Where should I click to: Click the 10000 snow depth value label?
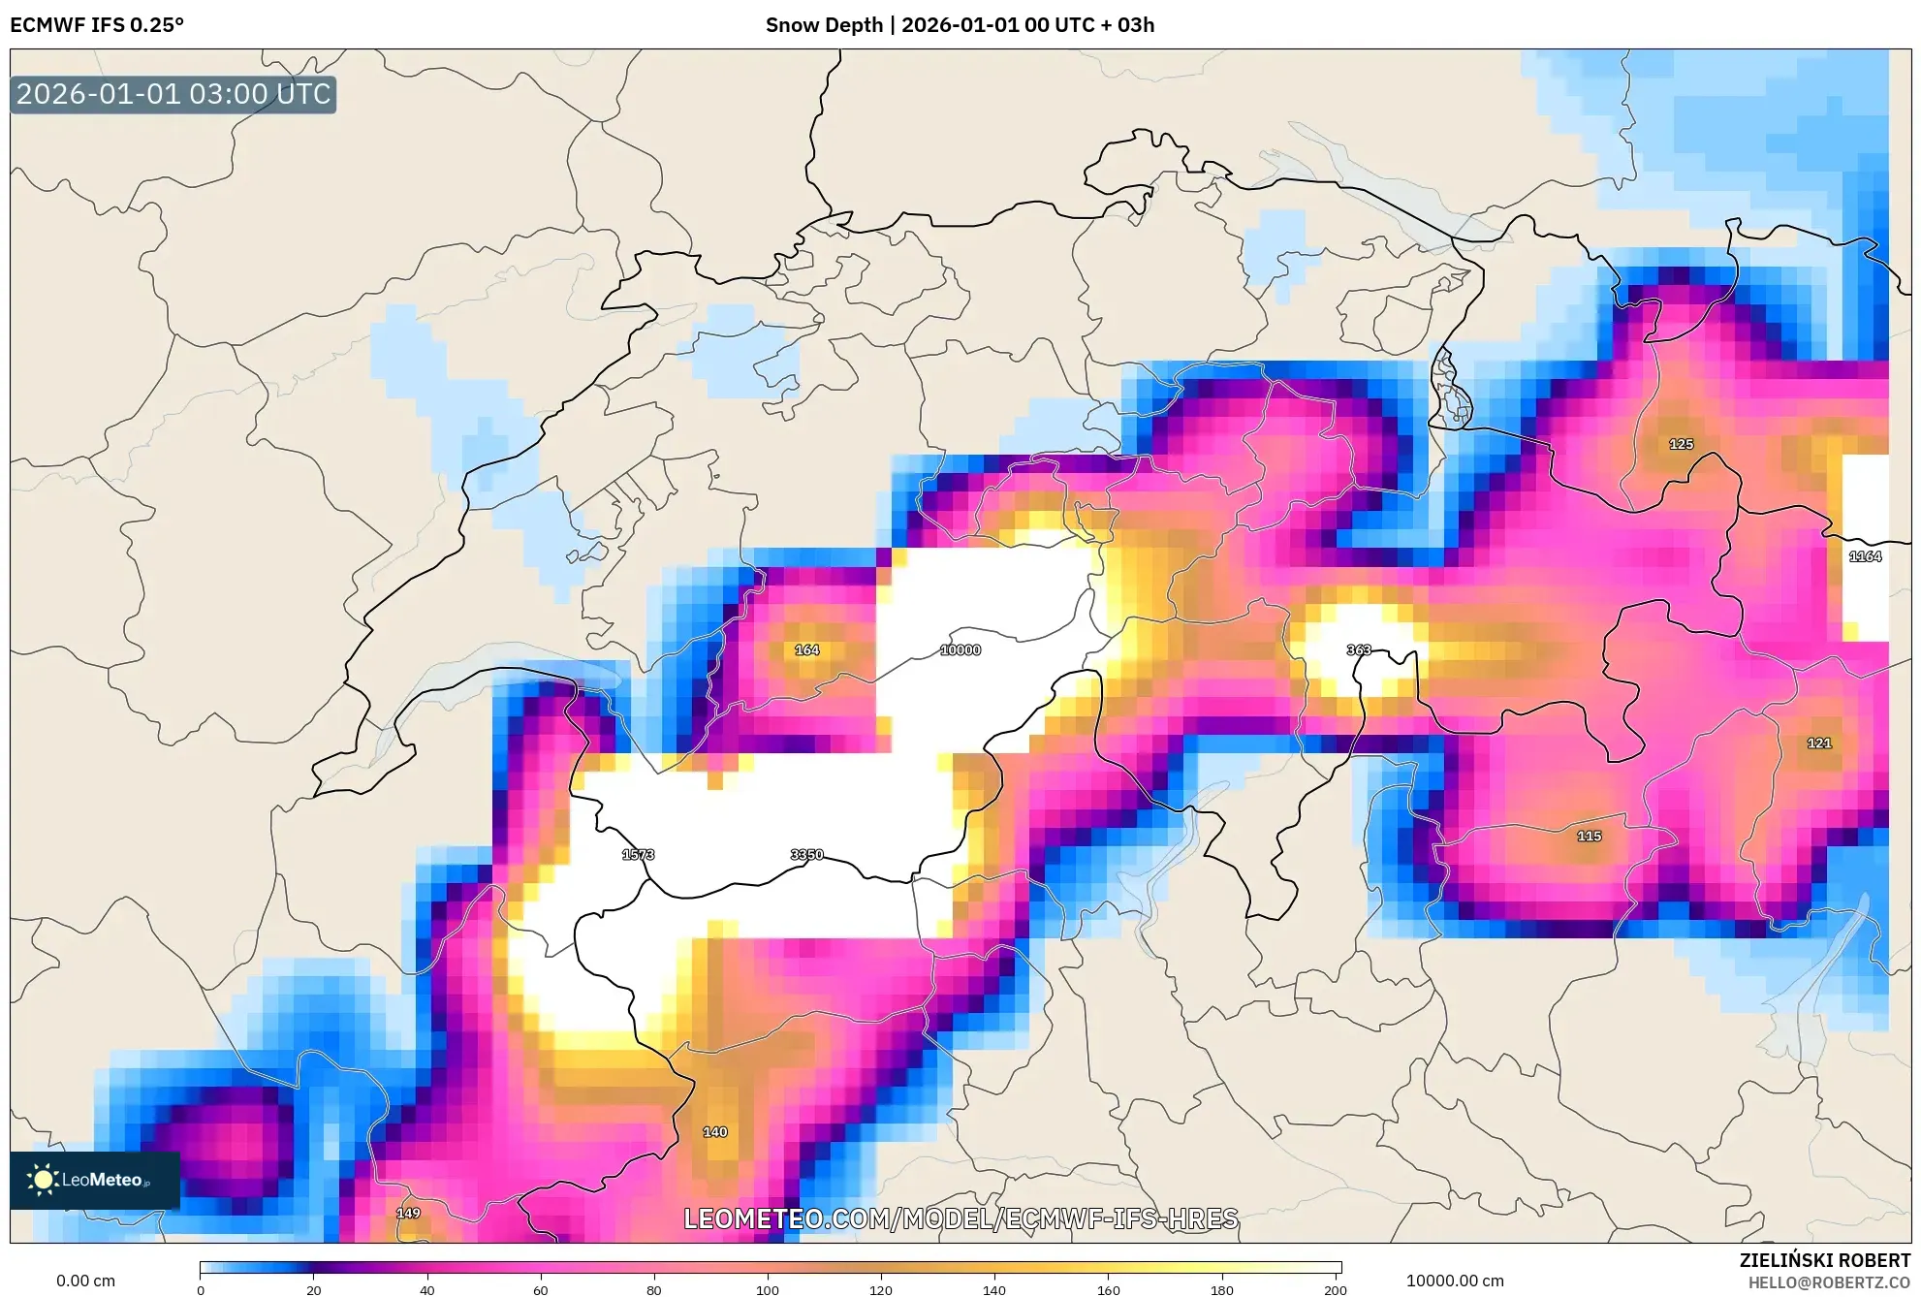click(x=960, y=649)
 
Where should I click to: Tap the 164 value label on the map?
click(x=806, y=649)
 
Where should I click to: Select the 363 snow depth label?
click(x=1358, y=649)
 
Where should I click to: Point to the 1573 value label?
click(x=638, y=854)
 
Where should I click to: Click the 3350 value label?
click(x=806, y=854)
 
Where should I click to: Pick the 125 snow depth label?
click(x=1681, y=444)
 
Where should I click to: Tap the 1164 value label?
click(x=1865, y=556)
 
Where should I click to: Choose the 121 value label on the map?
click(x=1818, y=743)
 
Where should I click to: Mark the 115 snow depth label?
click(x=1589, y=836)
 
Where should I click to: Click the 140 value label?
click(x=714, y=1131)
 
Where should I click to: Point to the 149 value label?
click(x=408, y=1213)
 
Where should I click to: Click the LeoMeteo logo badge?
click(x=94, y=1180)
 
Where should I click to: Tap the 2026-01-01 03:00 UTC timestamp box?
click(x=173, y=94)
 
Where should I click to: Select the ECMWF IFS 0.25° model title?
click(x=97, y=24)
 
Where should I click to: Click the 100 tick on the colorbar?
click(x=767, y=1289)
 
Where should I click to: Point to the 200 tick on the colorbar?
click(x=1335, y=1289)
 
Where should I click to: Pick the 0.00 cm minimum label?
click(x=85, y=1281)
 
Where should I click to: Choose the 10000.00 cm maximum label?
click(x=1455, y=1281)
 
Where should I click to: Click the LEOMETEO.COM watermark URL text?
click(x=960, y=1218)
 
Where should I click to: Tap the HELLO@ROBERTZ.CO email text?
click(x=1829, y=1282)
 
